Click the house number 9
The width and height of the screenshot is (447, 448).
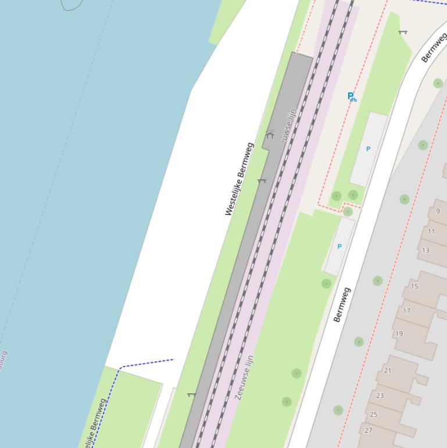click(x=438, y=211)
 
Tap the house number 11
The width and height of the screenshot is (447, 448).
click(x=431, y=231)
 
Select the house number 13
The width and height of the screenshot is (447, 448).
click(x=425, y=250)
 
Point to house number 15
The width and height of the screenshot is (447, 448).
click(x=414, y=286)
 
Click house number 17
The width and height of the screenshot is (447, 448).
click(x=407, y=311)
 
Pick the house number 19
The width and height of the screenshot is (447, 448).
click(x=399, y=334)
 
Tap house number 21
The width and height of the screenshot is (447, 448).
click(x=388, y=371)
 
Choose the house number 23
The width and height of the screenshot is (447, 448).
click(x=380, y=396)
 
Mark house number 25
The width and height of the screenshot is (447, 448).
click(x=374, y=414)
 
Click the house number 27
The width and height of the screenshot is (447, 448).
click(x=369, y=431)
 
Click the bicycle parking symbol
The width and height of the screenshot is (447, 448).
click(x=352, y=97)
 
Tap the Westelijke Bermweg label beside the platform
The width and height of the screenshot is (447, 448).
click(x=239, y=179)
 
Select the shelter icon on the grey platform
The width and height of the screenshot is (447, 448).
click(x=270, y=134)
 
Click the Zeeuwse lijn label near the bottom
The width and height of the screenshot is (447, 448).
click(x=245, y=377)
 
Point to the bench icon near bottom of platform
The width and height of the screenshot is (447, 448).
click(x=191, y=395)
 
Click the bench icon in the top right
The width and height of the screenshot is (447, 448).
click(x=403, y=32)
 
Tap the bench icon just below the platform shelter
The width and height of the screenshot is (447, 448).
click(x=262, y=181)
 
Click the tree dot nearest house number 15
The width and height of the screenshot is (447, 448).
click(x=378, y=281)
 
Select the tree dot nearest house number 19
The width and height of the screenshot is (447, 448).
click(x=359, y=342)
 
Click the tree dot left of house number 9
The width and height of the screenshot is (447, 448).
click(x=405, y=200)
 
